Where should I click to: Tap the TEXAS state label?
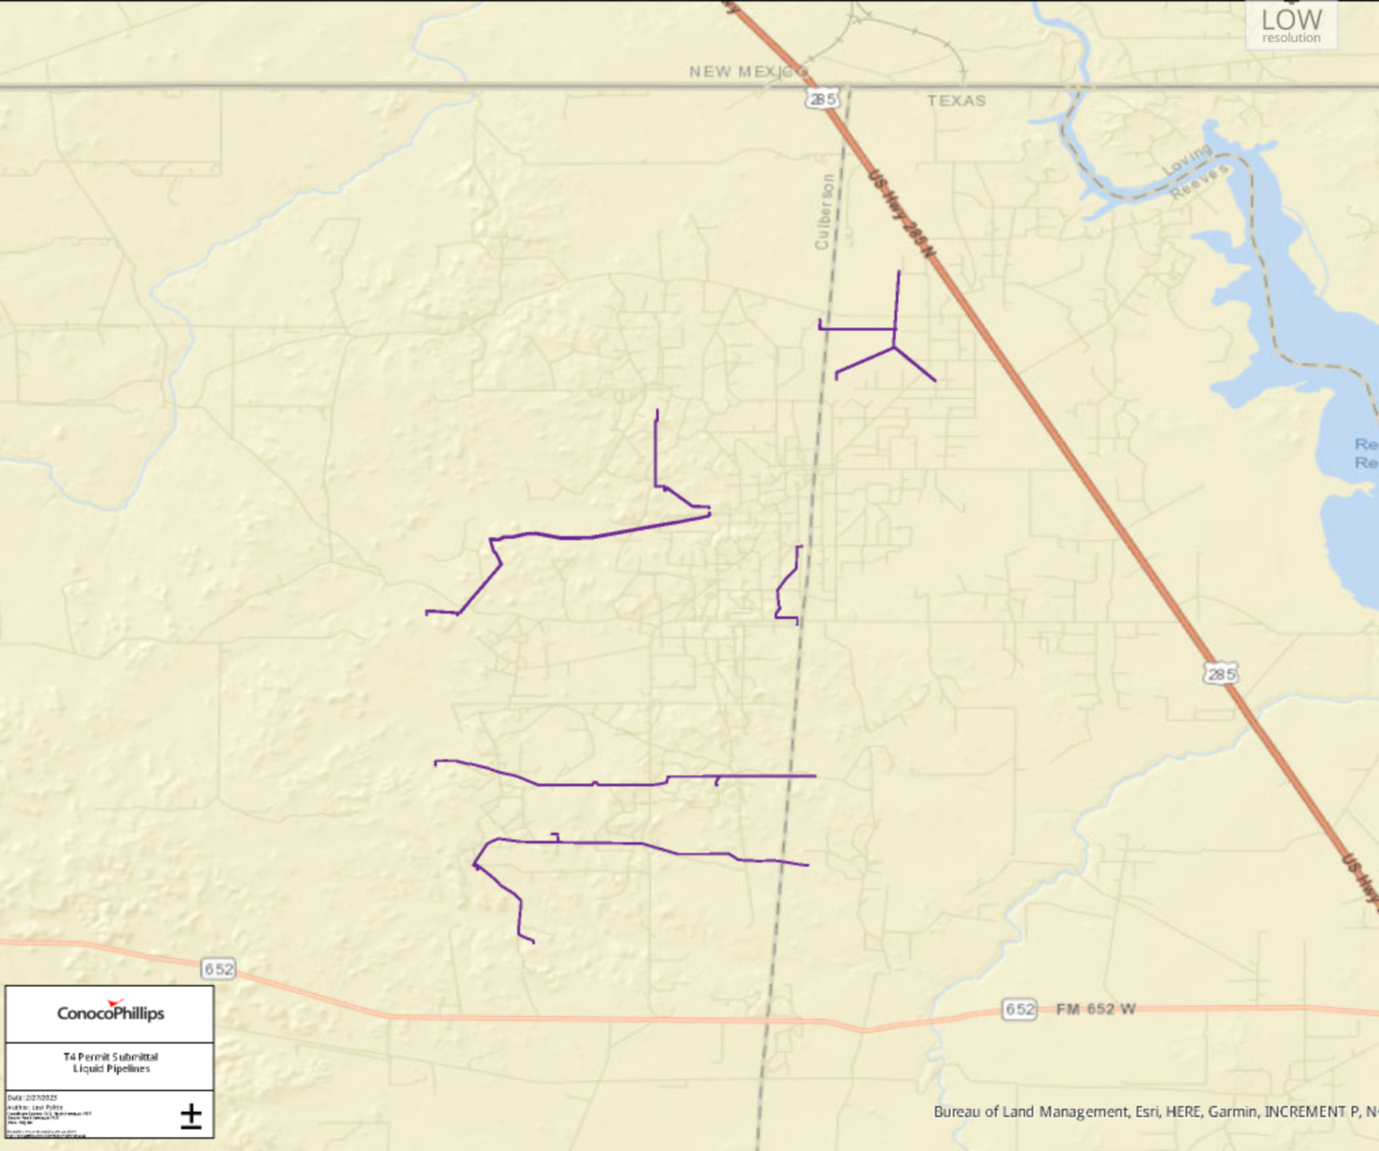pyautogui.click(x=956, y=100)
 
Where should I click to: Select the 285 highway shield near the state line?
pyautogui.click(x=822, y=99)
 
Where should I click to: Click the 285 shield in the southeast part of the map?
pyautogui.click(x=1220, y=674)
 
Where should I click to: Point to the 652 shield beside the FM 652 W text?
pyautogui.click(x=1019, y=1009)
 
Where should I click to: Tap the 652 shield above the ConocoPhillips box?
pyautogui.click(x=218, y=969)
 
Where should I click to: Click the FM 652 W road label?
pyautogui.click(x=1095, y=1009)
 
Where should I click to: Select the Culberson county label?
pyautogui.click(x=823, y=212)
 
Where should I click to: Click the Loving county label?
pyautogui.click(x=1187, y=161)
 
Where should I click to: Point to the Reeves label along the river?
pyautogui.click(x=1199, y=182)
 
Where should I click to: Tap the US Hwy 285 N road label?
pyautogui.click(x=901, y=215)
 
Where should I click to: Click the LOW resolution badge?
pyautogui.click(x=1291, y=25)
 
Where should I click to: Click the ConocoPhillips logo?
pyautogui.click(x=110, y=1013)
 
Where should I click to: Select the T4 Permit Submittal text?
pyautogui.click(x=110, y=1057)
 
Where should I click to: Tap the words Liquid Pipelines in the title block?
pyautogui.click(x=111, y=1068)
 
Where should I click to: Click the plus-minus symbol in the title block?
pyautogui.click(x=190, y=1116)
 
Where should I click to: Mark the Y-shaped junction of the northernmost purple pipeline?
pyautogui.click(x=894, y=346)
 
